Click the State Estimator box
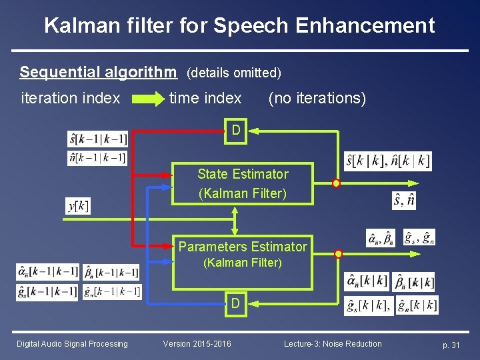(x=243, y=183)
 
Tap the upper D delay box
(x=236, y=129)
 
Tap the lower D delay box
(x=236, y=304)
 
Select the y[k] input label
(x=78, y=206)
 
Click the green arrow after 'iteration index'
(x=147, y=99)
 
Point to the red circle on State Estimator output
(x=336, y=183)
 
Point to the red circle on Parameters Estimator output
(x=338, y=254)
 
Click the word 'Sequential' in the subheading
(x=55, y=71)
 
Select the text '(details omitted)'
(x=234, y=72)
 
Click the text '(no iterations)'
(x=317, y=99)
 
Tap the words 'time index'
(x=205, y=99)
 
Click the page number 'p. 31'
(x=451, y=345)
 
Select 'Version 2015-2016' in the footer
(x=197, y=344)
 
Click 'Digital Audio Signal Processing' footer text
(x=72, y=344)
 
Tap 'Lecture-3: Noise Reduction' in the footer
(x=333, y=344)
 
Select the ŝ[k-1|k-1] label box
(x=97, y=139)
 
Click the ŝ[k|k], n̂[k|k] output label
(x=387, y=161)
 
